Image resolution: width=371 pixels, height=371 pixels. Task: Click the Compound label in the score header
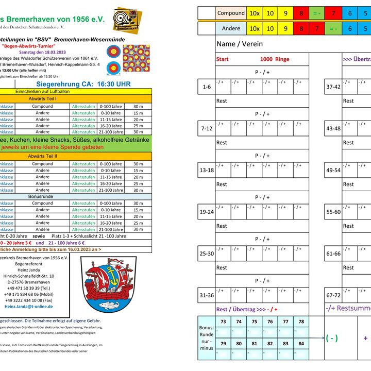point(231,13)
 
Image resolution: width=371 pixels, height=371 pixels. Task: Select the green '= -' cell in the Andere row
point(333,29)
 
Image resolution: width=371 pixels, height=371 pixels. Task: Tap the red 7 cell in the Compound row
point(333,13)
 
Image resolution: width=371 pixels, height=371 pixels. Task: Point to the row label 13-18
point(207,170)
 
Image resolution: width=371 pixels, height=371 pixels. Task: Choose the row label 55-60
point(333,212)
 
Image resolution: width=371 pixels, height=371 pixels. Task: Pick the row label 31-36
point(207,295)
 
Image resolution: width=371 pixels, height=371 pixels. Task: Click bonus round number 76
point(269,322)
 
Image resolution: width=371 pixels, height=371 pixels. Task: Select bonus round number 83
point(285,343)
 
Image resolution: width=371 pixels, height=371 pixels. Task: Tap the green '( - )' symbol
point(332,339)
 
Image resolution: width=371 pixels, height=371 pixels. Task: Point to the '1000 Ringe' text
point(275,59)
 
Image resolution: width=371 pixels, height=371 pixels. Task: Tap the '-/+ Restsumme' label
point(348,308)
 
